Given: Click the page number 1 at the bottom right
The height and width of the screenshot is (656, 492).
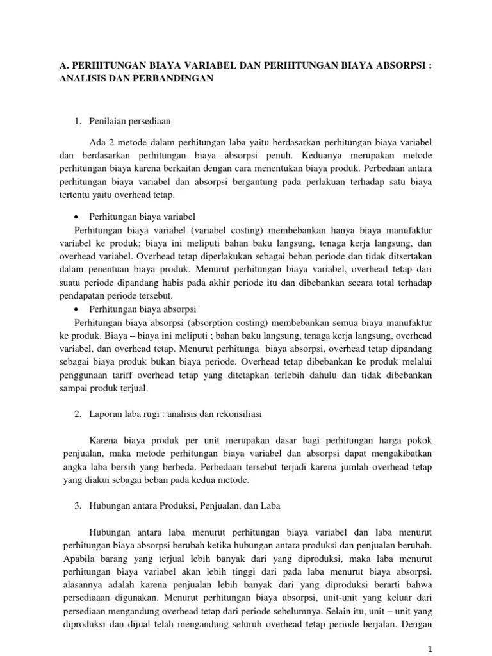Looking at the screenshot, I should click(430, 648).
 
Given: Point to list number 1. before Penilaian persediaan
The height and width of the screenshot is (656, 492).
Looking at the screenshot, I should click(78, 120).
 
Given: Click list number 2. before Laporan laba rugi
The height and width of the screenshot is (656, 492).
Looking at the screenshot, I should click(78, 414).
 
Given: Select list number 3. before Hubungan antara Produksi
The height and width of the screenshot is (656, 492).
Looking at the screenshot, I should click(78, 505).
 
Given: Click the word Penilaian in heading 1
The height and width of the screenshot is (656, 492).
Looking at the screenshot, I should click(106, 120).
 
